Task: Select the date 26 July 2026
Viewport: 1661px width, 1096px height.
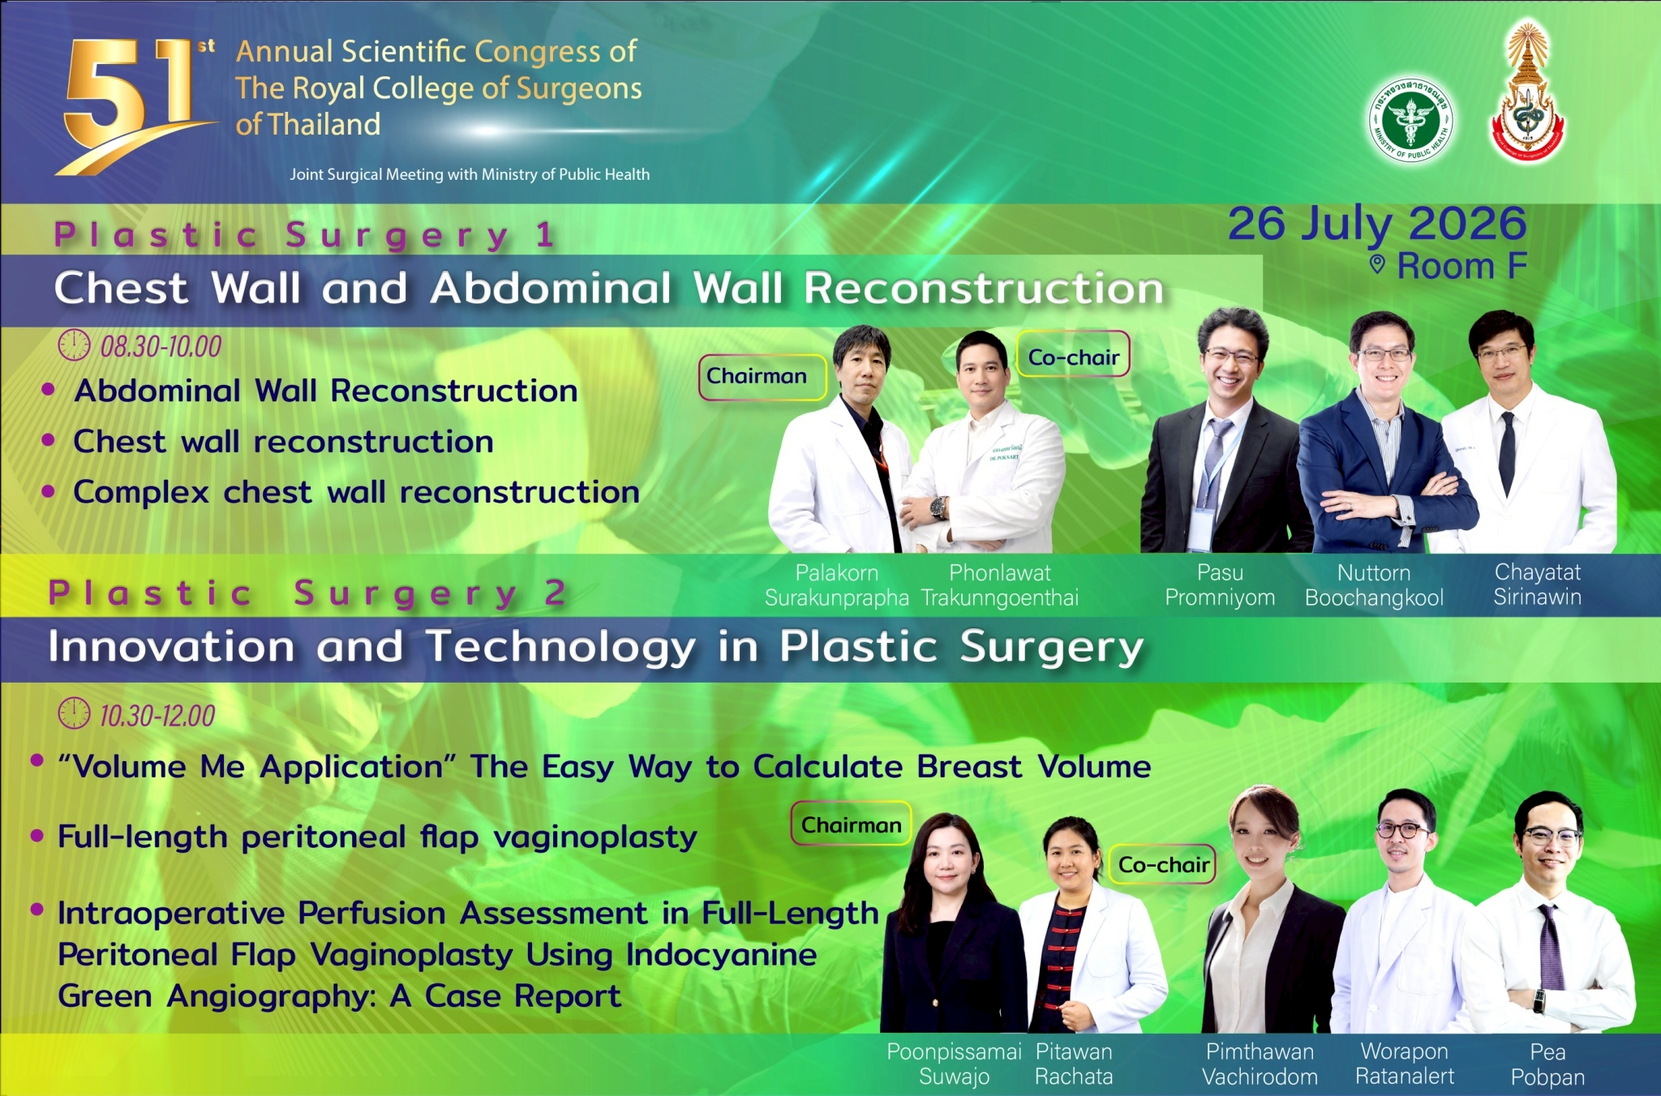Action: pos(1377,224)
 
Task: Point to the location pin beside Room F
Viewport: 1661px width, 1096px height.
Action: pos(1377,264)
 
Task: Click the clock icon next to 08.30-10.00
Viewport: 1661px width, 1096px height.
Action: pos(74,345)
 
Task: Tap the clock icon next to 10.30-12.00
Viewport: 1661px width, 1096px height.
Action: pos(74,713)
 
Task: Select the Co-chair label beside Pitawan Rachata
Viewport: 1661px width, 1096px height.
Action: pos(1163,865)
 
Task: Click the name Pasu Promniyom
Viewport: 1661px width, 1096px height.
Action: pos(1220,585)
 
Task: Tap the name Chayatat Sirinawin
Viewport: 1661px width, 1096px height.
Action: pos(1538,584)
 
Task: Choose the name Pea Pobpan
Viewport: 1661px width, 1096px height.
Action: pos(1547,1064)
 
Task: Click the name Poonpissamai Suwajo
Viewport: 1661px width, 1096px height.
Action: pos(954,1064)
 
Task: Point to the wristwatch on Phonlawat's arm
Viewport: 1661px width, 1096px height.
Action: pos(938,507)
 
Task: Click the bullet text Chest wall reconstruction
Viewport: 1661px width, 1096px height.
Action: pos(283,442)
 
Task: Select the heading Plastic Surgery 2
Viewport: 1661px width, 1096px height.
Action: pos(307,593)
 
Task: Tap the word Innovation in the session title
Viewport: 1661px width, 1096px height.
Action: pos(171,647)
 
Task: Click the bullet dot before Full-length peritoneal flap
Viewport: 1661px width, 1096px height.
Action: pos(36,835)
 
